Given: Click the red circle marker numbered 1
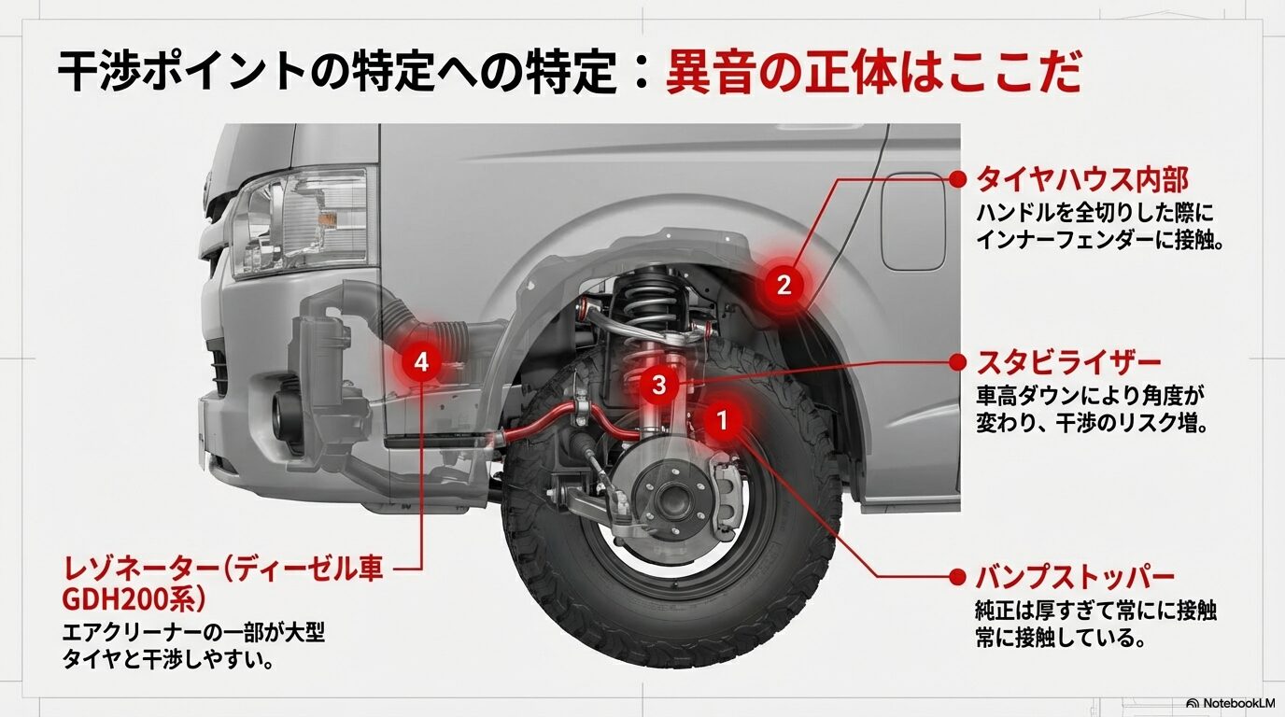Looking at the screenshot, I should [x=721, y=420].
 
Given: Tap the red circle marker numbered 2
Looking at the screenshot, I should [x=784, y=285].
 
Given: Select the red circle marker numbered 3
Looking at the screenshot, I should [x=659, y=384].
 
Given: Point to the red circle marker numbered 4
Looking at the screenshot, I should [x=422, y=361].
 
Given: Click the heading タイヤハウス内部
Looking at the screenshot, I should [x=1081, y=179].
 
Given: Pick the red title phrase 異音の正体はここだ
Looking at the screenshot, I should [x=873, y=73].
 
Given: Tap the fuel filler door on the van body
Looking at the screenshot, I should [x=912, y=221].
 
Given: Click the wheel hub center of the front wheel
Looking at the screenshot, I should [x=670, y=501].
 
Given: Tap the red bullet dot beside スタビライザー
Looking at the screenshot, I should [x=955, y=362].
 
